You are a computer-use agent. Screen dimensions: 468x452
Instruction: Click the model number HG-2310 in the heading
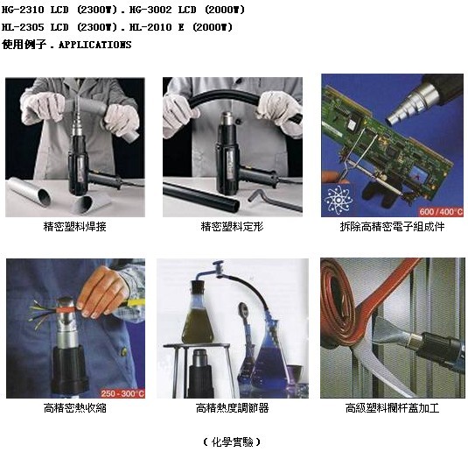pos(23,10)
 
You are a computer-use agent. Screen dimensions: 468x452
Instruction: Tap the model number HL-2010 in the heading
pos(150,27)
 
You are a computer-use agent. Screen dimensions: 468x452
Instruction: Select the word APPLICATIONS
pos(95,45)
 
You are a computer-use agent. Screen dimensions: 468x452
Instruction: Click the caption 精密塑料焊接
pos(74,227)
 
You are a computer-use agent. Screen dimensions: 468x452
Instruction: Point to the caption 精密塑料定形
pos(232,227)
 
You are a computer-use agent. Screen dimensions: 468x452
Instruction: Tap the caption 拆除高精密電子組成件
pos(392,227)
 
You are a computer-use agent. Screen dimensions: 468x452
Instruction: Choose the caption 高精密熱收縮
pos(75,407)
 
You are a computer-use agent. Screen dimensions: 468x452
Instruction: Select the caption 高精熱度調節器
pos(232,407)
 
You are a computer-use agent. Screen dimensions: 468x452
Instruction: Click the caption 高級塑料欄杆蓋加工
pos(392,407)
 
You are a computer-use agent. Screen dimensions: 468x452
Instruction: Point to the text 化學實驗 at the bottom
pos(232,441)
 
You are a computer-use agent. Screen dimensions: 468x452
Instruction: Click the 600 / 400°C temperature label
pos(441,212)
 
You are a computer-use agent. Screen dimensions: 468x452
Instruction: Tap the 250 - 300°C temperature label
pos(122,393)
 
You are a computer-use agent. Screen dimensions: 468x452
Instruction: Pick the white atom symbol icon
pos(339,200)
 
